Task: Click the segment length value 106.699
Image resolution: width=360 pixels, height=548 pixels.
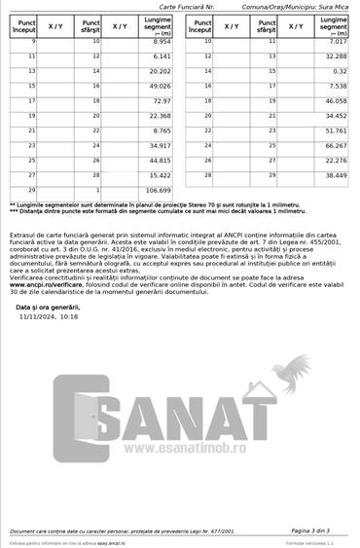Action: (x=158, y=190)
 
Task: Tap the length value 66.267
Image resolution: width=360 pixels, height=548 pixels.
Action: (x=333, y=145)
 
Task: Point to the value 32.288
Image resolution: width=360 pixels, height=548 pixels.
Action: (x=333, y=56)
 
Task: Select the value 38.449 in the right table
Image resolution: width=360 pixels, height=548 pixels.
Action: (x=333, y=175)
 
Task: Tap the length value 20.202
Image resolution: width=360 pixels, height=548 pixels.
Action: (x=158, y=71)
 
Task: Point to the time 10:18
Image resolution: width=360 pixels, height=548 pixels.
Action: (x=69, y=316)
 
